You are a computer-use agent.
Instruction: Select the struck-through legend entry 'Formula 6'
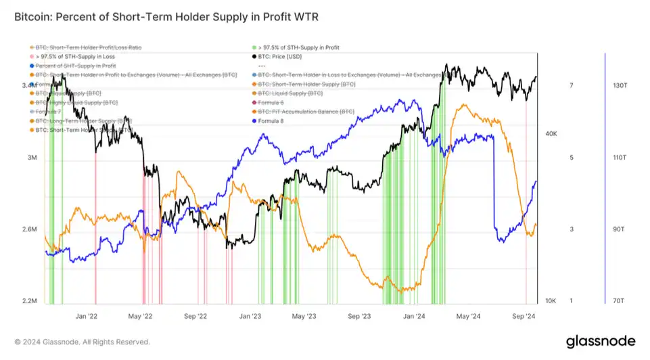pyautogui.click(x=271, y=102)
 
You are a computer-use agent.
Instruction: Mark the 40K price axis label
pyautogui.click(x=551, y=134)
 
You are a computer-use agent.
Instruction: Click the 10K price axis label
pyautogui.click(x=551, y=301)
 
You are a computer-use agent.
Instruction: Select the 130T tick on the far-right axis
pyautogui.click(x=620, y=86)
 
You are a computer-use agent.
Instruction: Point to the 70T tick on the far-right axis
pyautogui.click(x=619, y=301)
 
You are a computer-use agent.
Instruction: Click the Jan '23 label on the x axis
pyautogui.click(x=251, y=316)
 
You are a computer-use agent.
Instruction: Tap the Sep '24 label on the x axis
pyautogui.click(x=524, y=316)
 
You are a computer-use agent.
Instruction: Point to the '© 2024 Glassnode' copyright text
pyautogui.click(x=82, y=342)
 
